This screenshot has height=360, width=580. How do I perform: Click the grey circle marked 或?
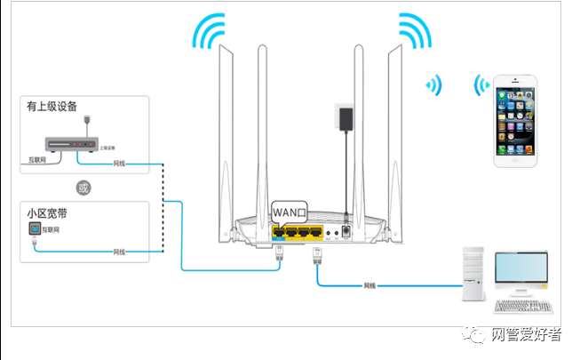83,188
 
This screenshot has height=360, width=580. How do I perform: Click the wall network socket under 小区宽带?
34,230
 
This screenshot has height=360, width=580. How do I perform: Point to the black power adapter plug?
342,117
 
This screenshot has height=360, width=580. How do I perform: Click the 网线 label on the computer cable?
369,285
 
